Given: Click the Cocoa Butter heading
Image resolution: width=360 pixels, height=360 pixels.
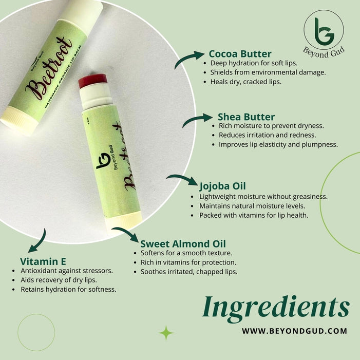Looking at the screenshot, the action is tap(240, 54).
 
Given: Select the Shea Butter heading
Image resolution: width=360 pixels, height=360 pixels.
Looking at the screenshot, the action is tap(246, 117).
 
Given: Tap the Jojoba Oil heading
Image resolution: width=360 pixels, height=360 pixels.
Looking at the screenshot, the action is tap(222, 186).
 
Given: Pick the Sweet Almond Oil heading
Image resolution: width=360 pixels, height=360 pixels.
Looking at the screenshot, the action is tap(183, 244).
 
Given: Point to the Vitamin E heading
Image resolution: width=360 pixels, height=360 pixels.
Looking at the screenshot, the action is tap(43, 261).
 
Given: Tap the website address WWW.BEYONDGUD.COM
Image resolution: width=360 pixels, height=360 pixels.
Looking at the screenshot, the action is tap(295, 331).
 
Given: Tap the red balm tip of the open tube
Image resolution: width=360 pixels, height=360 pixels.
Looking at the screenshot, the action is tap(93, 81).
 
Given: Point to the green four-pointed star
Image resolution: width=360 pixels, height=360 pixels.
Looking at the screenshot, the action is tap(166, 333).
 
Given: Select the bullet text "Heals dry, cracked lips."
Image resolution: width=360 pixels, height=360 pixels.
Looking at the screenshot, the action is tap(245, 82).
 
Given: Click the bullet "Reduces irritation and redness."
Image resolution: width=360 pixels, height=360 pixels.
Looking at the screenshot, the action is tap(267, 135).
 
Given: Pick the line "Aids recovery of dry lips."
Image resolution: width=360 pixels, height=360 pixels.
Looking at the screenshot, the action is tap(59, 280).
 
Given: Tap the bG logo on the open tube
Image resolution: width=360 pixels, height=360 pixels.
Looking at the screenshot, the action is tap(103, 160).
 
